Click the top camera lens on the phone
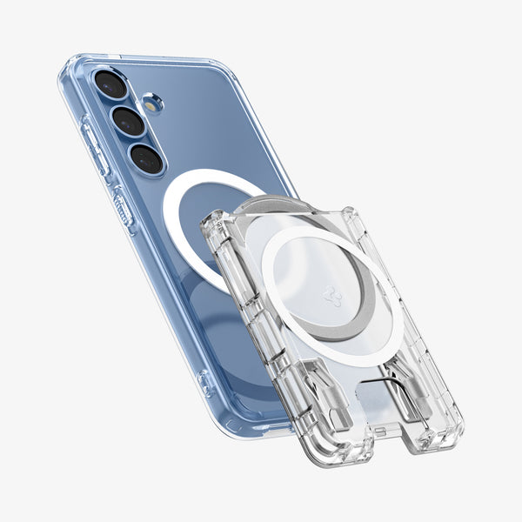[x=111, y=84]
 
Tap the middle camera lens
[x=129, y=121]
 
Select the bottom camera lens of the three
[x=146, y=158]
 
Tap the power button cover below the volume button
[x=123, y=206]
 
